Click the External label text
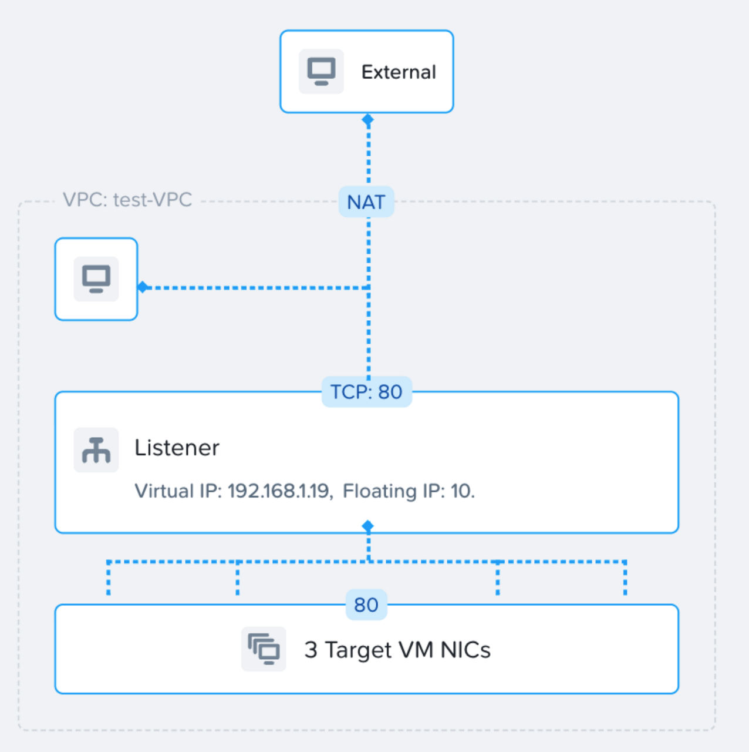(x=399, y=72)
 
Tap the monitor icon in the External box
(x=321, y=72)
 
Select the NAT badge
(x=366, y=202)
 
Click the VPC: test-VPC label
(x=127, y=200)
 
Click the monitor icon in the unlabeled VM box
(x=96, y=279)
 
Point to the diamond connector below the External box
(x=368, y=120)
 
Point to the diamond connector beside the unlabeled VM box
(x=143, y=287)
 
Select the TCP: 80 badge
(x=366, y=392)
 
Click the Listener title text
(x=177, y=448)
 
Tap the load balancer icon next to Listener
(x=96, y=450)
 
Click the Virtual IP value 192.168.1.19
(x=278, y=491)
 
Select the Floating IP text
(x=409, y=491)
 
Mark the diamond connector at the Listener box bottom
(x=368, y=526)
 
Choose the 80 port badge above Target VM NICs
(x=366, y=605)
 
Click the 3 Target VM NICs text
(x=397, y=650)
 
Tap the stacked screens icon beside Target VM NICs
(x=264, y=649)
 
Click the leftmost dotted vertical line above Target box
(x=109, y=579)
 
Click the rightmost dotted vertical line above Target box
(x=625, y=579)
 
